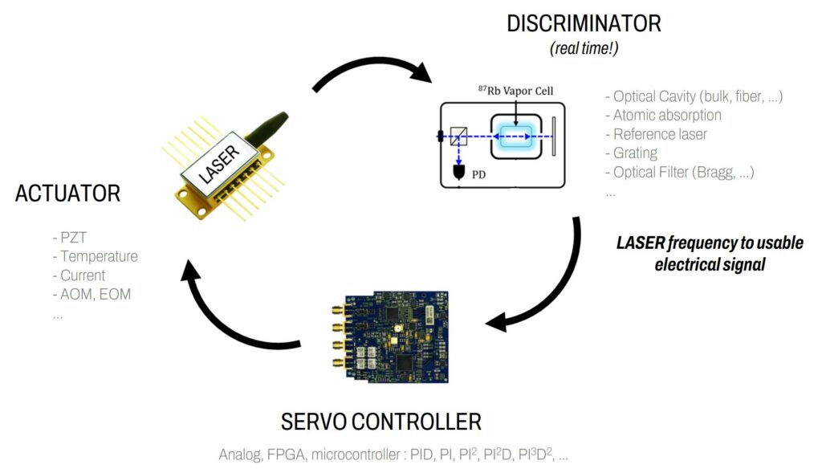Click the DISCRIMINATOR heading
(584, 23)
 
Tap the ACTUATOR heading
(67, 194)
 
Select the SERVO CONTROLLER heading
(380, 421)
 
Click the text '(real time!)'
(584, 49)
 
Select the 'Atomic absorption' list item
(667, 115)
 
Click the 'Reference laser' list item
(660, 134)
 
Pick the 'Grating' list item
(635, 153)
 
